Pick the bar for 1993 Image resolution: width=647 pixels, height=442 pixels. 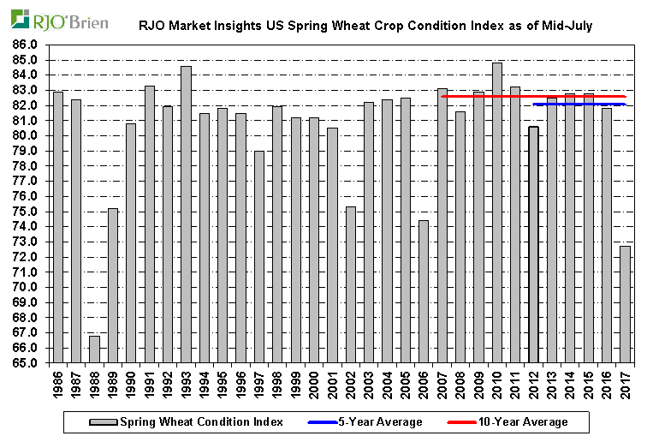[x=186, y=214]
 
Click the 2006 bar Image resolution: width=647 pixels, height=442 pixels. [x=424, y=291]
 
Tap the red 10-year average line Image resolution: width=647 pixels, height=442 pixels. [x=479, y=96]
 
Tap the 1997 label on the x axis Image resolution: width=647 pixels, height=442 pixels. [x=259, y=382]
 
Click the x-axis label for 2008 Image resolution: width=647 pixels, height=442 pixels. [x=460, y=382]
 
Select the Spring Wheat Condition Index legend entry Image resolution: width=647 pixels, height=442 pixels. [x=188, y=421]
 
